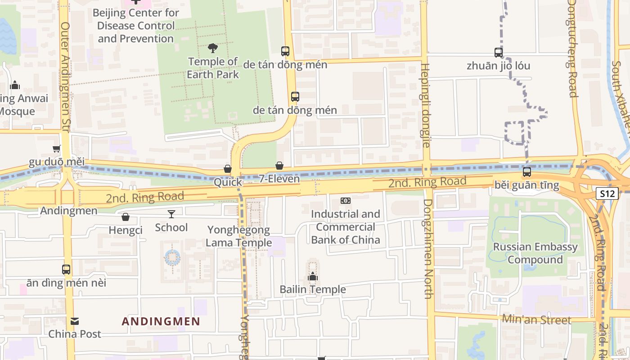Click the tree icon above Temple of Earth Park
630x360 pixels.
pyautogui.click(x=213, y=48)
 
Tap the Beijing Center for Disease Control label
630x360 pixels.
pyautogui.click(x=136, y=26)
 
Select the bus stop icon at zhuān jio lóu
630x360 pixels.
pyautogui.click(x=498, y=52)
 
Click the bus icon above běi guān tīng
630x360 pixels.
pyautogui.click(x=526, y=171)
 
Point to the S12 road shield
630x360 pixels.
pyautogui.click(x=607, y=193)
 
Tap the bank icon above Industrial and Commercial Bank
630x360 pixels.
pyautogui.click(x=345, y=200)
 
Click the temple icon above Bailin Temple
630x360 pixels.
pyautogui.click(x=313, y=276)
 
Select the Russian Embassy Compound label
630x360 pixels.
pyautogui.click(x=535, y=253)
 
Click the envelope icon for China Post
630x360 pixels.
pyautogui.click(x=75, y=321)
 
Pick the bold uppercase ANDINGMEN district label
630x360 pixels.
pyautogui.click(x=161, y=321)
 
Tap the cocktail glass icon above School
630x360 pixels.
pyautogui.click(x=171, y=214)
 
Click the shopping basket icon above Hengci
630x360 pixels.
pyautogui.click(x=126, y=217)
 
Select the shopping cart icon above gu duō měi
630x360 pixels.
pyautogui.click(x=57, y=149)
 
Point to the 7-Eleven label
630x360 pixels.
pyautogui.click(x=279, y=179)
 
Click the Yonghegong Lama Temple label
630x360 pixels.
pyautogui.click(x=238, y=236)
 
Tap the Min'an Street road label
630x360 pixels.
pyautogui.click(x=536, y=320)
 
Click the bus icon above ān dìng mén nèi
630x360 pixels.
pyautogui.click(x=66, y=270)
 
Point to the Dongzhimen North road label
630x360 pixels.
pyautogui.click(x=427, y=249)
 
